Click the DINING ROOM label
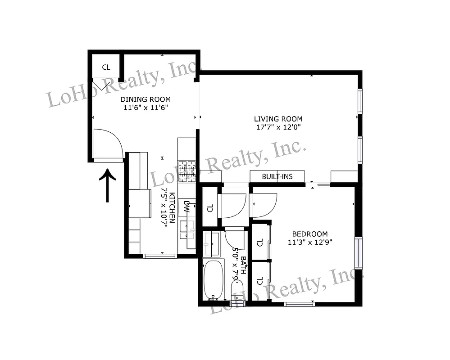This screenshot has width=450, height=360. pos(145,99)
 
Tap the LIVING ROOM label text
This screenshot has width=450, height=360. pos(278,119)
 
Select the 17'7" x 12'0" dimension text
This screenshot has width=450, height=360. pos(278,127)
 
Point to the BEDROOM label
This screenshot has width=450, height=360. pos(310,234)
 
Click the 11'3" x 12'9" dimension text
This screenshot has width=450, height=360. pos(310,242)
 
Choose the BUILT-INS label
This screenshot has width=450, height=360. pos(277,176)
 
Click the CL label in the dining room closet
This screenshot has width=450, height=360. pos(106,67)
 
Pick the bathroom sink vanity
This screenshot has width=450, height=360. pos(211,243)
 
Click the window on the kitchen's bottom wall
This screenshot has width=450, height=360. pos(160,256)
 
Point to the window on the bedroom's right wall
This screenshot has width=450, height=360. pos(358,252)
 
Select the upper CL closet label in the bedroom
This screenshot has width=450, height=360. pos(259,243)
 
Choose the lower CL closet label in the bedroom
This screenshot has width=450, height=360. pos(259,281)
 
